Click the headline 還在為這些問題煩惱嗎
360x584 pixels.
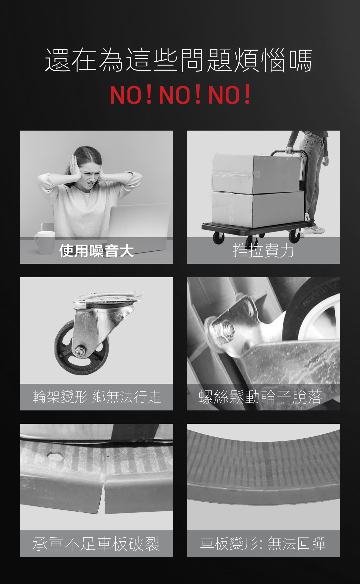tap(179, 60)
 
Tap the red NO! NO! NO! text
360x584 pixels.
tap(180, 95)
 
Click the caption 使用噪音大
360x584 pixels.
tap(96, 251)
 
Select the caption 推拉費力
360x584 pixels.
tap(263, 251)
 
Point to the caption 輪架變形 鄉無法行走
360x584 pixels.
tap(97, 397)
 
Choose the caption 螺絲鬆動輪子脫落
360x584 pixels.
tap(260, 397)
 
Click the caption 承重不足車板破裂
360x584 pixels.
tap(96, 544)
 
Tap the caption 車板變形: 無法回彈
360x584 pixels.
tap(263, 544)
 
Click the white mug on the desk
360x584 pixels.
tap(44, 243)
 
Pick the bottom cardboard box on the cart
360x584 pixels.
tap(258, 208)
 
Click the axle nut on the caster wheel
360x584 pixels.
tap(80, 351)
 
